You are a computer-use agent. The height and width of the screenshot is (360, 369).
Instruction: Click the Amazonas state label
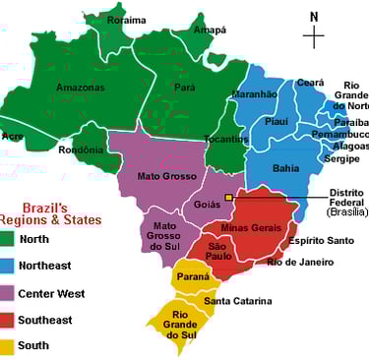[x=80, y=88]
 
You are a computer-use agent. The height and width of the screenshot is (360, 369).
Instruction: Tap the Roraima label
[x=126, y=20]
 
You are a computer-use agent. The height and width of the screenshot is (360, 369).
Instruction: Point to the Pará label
[x=185, y=87]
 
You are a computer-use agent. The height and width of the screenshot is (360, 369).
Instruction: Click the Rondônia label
[x=81, y=150]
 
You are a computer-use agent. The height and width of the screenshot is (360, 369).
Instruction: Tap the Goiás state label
[x=208, y=205]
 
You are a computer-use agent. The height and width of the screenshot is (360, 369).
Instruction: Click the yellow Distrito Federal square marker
[x=229, y=198]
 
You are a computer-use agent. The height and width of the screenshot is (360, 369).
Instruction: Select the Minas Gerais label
[x=252, y=227]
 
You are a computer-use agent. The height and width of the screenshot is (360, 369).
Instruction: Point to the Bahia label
[x=285, y=168]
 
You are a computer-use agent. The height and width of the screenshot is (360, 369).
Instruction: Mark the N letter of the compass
[x=314, y=16]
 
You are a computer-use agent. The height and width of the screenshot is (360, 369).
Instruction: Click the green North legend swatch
[x=9, y=237]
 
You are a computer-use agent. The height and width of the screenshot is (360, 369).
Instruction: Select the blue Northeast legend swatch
[x=9, y=265]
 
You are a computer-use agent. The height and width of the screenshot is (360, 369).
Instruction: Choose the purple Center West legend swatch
[x=9, y=293]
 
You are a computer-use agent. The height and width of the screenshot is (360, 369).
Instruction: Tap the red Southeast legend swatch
[x=9, y=320]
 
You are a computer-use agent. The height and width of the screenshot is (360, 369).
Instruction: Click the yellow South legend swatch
[x=9, y=346]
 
